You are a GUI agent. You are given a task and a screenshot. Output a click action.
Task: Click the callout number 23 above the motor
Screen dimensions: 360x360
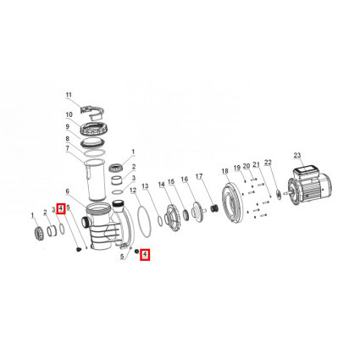pos(297,156)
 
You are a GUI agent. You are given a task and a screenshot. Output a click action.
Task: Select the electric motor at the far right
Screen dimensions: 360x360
pos(308,185)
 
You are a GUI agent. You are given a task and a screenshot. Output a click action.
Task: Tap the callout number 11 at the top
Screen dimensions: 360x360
pos(69,95)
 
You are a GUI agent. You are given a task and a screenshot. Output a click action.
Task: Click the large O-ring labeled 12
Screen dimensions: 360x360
pos(144,219)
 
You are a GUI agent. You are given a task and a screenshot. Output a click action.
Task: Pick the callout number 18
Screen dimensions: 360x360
pos(224,171)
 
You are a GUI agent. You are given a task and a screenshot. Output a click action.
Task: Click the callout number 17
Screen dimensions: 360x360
pos(199,176)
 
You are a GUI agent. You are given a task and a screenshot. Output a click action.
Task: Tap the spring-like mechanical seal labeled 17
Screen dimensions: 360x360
pos(215,209)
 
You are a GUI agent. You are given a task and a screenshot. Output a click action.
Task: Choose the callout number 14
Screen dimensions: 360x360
pos(161,185)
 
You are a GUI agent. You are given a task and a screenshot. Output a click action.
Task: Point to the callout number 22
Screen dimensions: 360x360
pos(268,163)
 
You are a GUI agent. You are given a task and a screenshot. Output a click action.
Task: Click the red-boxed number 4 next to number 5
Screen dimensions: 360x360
pos(61,208)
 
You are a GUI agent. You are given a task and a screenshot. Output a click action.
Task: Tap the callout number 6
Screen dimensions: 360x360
pos(67,191)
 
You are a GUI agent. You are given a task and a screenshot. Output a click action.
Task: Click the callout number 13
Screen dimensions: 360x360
pos(145,186)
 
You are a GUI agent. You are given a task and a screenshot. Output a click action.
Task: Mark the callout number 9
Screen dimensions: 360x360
pos(67,126)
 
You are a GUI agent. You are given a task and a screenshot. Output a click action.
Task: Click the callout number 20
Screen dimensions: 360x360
pos(246,166)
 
